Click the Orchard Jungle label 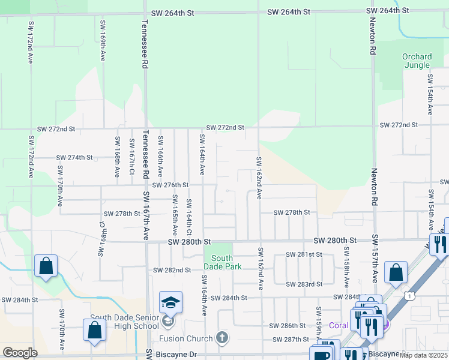click(417, 61)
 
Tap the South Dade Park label click(222, 262)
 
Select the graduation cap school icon click(170, 303)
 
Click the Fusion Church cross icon click(223, 338)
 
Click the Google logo click(20, 353)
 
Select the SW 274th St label click(74, 158)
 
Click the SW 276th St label click(170, 185)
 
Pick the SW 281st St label click(304, 255)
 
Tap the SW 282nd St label click(172, 271)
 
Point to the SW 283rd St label click(304, 284)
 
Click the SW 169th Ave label click(103, 41)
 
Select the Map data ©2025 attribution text click(424, 355)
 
